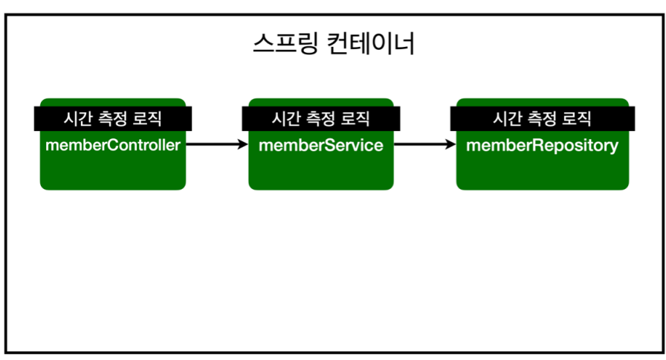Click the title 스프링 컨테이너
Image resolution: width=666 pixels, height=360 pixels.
pyautogui.click(x=334, y=44)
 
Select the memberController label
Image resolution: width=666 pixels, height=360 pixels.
pyautogui.click(x=113, y=145)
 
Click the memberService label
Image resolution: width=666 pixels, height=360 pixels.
pyautogui.click(x=321, y=145)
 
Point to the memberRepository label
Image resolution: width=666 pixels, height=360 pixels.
pyautogui.click(x=542, y=145)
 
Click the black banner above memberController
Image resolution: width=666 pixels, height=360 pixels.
pyautogui.click(x=113, y=118)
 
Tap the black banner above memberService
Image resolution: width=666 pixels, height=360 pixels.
pyautogui.click(x=321, y=118)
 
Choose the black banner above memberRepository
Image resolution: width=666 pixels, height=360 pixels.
pyautogui.click(x=542, y=118)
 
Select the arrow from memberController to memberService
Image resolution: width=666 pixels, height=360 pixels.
pyautogui.click(x=216, y=145)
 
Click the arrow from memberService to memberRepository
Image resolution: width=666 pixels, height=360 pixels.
pyautogui.click(x=424, y=145)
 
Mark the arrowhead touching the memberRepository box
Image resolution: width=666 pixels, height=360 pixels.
pyautogui.click(x=451, y=145)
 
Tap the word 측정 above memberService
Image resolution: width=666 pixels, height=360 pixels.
pyautogui.click(x=321, y=118)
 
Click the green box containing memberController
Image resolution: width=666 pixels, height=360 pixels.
pyautogui.click(x=113, y=171)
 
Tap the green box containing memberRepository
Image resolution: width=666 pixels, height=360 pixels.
pyautogui.click(x=542, y=171)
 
